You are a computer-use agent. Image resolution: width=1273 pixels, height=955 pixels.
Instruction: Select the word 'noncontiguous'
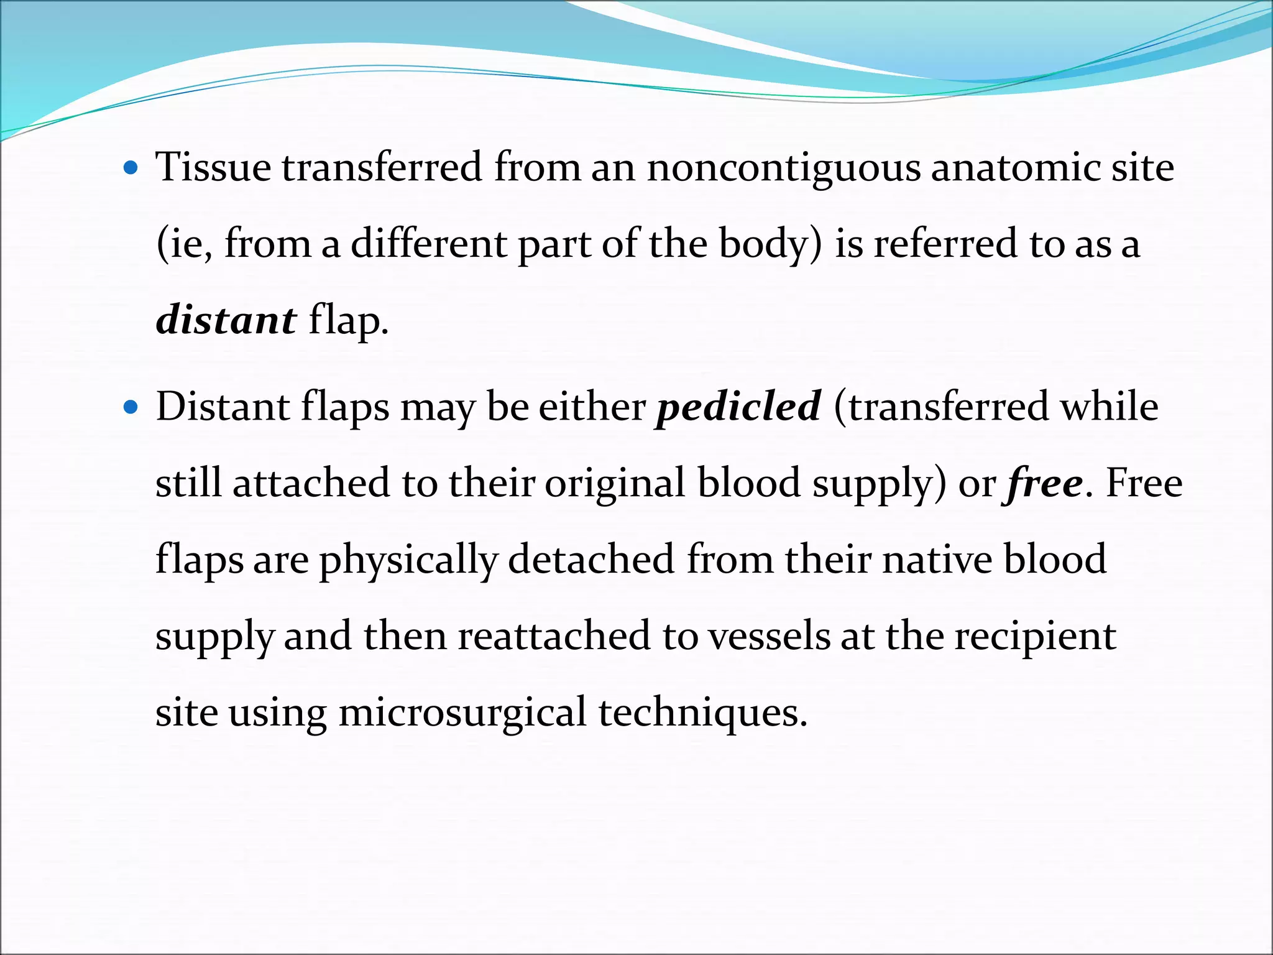(783, 168)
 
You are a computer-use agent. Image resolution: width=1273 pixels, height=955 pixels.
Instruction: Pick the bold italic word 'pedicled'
(739, 407)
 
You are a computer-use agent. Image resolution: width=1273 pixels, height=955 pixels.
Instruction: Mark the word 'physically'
(408, 560)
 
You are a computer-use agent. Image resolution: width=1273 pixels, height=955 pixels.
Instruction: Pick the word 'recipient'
(1035, 637)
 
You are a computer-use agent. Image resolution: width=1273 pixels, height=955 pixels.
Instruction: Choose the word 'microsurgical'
(462, 713)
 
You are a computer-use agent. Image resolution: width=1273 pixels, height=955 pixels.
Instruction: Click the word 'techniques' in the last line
(702, 713)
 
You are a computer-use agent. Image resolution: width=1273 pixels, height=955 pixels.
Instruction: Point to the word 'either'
(592, 407)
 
